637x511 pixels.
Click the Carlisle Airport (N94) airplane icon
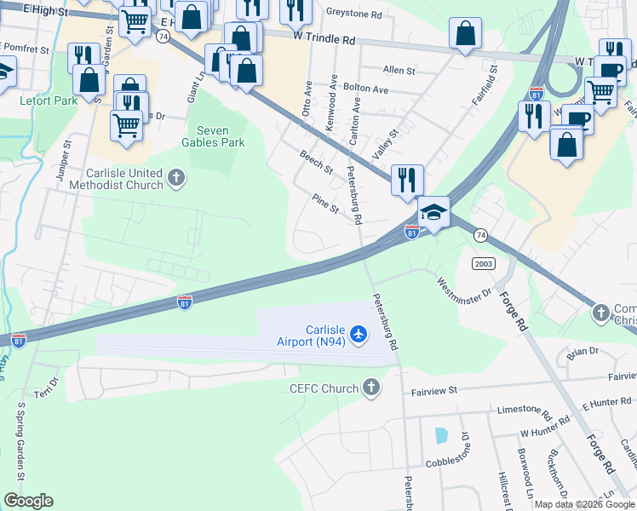(x=359, y=333)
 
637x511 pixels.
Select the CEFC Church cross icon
(x=370, y=389)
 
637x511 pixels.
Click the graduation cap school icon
(x=433, y=212)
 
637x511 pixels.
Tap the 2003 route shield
(x=484, y=264)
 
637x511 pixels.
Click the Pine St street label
(x=325, y=204)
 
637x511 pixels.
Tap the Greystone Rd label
(x=354, y=14)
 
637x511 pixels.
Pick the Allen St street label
(x=399, y=70)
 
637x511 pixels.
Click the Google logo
(x=28, y=501)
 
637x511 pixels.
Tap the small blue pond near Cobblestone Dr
(x=440, y=436)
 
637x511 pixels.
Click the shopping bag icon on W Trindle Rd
(x=466, y=36)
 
